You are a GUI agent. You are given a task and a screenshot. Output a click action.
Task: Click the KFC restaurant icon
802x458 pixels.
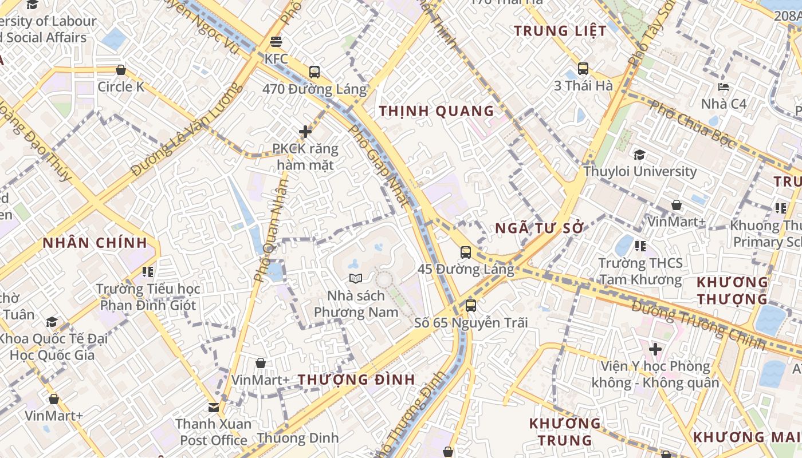276,41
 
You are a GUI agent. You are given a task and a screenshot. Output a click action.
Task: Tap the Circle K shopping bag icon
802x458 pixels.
121,70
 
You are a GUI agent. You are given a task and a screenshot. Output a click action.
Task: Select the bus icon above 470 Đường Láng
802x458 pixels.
314,72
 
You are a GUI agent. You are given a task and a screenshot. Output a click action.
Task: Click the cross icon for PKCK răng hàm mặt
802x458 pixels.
305,132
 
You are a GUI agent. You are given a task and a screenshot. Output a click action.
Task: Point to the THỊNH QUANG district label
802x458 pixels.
437,111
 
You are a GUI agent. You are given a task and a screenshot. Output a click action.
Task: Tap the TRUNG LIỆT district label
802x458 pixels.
560,31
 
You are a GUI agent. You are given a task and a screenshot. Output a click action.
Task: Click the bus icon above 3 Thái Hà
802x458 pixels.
583,69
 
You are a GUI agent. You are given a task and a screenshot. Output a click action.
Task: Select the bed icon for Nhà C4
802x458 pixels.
724,87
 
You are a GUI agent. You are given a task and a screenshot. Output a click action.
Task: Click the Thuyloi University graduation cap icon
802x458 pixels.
639,155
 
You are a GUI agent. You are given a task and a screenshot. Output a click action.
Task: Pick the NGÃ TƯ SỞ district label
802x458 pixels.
539,228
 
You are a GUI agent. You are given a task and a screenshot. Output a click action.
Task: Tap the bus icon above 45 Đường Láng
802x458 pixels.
466,252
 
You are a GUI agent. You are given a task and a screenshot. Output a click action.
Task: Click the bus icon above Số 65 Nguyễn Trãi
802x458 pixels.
470,305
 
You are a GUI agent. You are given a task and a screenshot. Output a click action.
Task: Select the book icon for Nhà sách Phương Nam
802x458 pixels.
356,279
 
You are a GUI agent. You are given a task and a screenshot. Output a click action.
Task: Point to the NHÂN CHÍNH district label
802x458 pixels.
95,243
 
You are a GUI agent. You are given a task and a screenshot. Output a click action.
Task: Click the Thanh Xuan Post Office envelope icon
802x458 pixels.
214,408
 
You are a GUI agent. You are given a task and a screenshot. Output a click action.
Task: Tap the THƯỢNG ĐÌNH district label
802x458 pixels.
356,380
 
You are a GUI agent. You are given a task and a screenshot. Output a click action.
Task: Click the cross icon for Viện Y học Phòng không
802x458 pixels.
655,349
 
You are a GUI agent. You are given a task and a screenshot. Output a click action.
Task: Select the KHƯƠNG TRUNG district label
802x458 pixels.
565,432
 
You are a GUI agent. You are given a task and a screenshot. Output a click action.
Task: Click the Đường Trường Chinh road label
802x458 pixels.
698,325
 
